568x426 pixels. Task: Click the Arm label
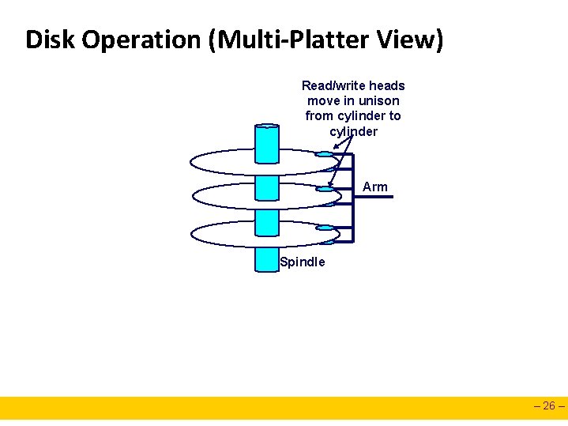(x=375, y=187)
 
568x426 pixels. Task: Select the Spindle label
(x=303, y=262)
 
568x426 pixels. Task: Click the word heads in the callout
(x=386, y=85)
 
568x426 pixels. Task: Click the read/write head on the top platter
(x=324, y=154)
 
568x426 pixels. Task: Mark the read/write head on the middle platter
(x=324, y=189)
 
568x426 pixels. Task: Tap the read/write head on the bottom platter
(x=324, y=228)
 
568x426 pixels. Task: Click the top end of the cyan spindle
(x=268, y=126)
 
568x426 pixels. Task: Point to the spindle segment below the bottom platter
(x=268, y=258)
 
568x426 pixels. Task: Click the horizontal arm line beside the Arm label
(x=373, y=197)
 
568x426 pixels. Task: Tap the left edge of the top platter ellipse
(x=191, y=161)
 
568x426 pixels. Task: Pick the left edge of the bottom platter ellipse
(x=192, y=234)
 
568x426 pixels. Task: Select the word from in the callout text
(x=320, y=115)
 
